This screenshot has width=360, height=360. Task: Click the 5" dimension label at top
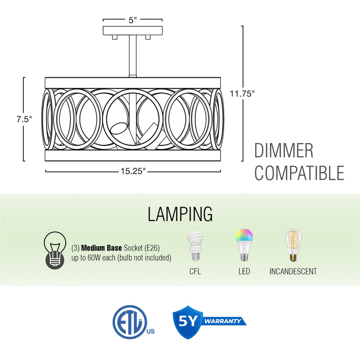point(132,20)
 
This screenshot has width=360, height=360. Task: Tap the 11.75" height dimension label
point(242,94)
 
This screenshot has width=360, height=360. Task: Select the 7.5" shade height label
point(25,119)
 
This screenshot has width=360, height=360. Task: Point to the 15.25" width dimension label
point(133,171)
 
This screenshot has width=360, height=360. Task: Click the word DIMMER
point(283,151)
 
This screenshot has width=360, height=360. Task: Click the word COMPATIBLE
point(299,173)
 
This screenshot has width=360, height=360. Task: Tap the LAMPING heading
point(180,214)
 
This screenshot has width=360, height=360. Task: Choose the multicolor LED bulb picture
point(244,245)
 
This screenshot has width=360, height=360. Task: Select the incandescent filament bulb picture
point(292,246)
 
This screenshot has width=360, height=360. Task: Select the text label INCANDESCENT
point(293,271)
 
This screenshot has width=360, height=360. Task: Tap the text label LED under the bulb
point(244,271)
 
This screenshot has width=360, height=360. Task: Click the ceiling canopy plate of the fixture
point(132,31)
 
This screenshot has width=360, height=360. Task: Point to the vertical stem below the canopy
point(133,56)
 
